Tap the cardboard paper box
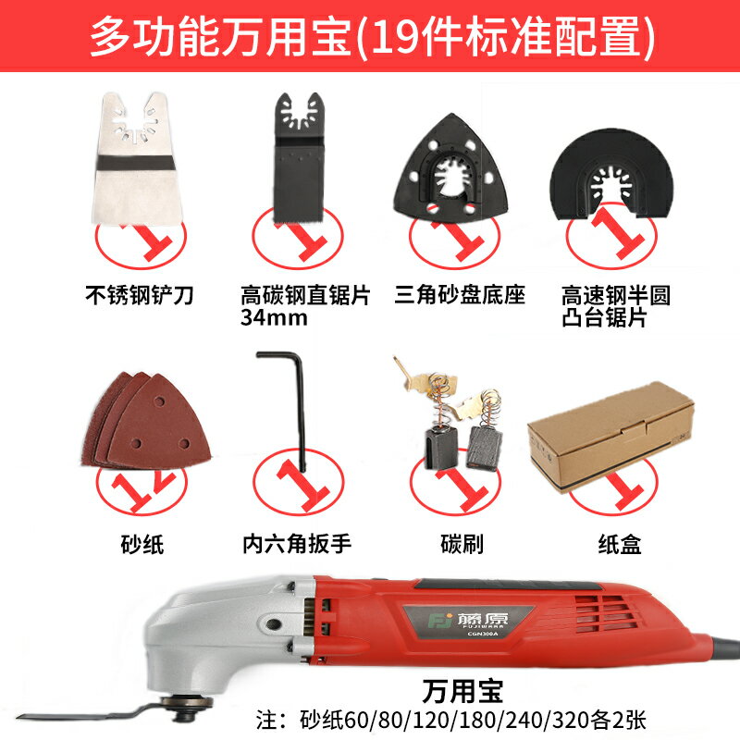click(610, 429)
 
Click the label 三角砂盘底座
click(460, 297)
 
